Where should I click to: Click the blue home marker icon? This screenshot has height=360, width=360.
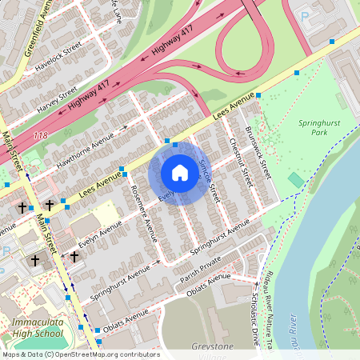pos(180,173)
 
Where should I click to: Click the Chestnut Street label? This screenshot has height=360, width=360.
pos(237,158)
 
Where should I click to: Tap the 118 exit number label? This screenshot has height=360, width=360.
pos(41,137)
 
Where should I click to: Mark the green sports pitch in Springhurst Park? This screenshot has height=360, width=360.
pos(296,180)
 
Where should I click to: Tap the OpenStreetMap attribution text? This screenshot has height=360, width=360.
pos(80,354)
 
